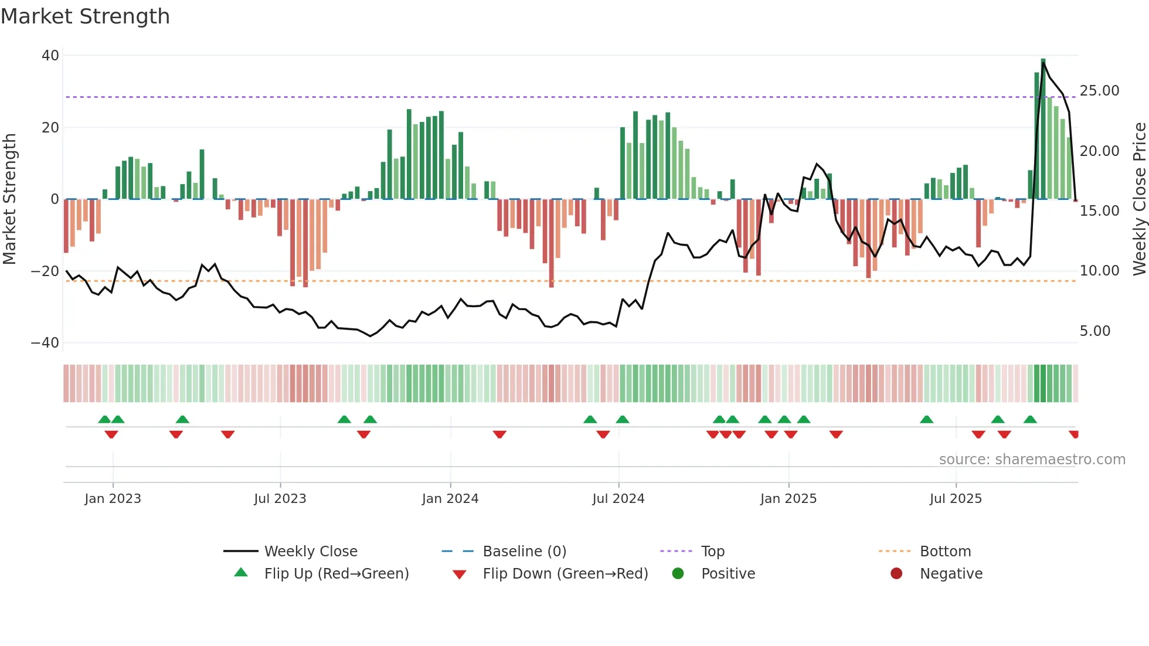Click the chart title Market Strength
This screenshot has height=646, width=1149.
point(85,16)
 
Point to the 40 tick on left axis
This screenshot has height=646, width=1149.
point(50,56)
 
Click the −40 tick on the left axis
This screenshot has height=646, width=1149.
point(45,343)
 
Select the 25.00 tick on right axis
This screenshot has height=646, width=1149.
point(1099,91)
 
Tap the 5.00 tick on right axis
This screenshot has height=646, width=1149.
point(1094,331)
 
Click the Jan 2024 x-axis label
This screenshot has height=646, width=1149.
point(450,499)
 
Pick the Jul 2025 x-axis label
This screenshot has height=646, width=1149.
point(955,499)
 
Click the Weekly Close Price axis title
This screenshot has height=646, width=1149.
point(1139,199)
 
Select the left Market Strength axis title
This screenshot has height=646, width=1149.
point(9,199)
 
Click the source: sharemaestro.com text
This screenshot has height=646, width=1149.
point(1032,460)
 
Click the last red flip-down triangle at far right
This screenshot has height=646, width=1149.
point(1073,434)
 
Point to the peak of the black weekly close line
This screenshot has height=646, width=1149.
point(1043,63)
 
